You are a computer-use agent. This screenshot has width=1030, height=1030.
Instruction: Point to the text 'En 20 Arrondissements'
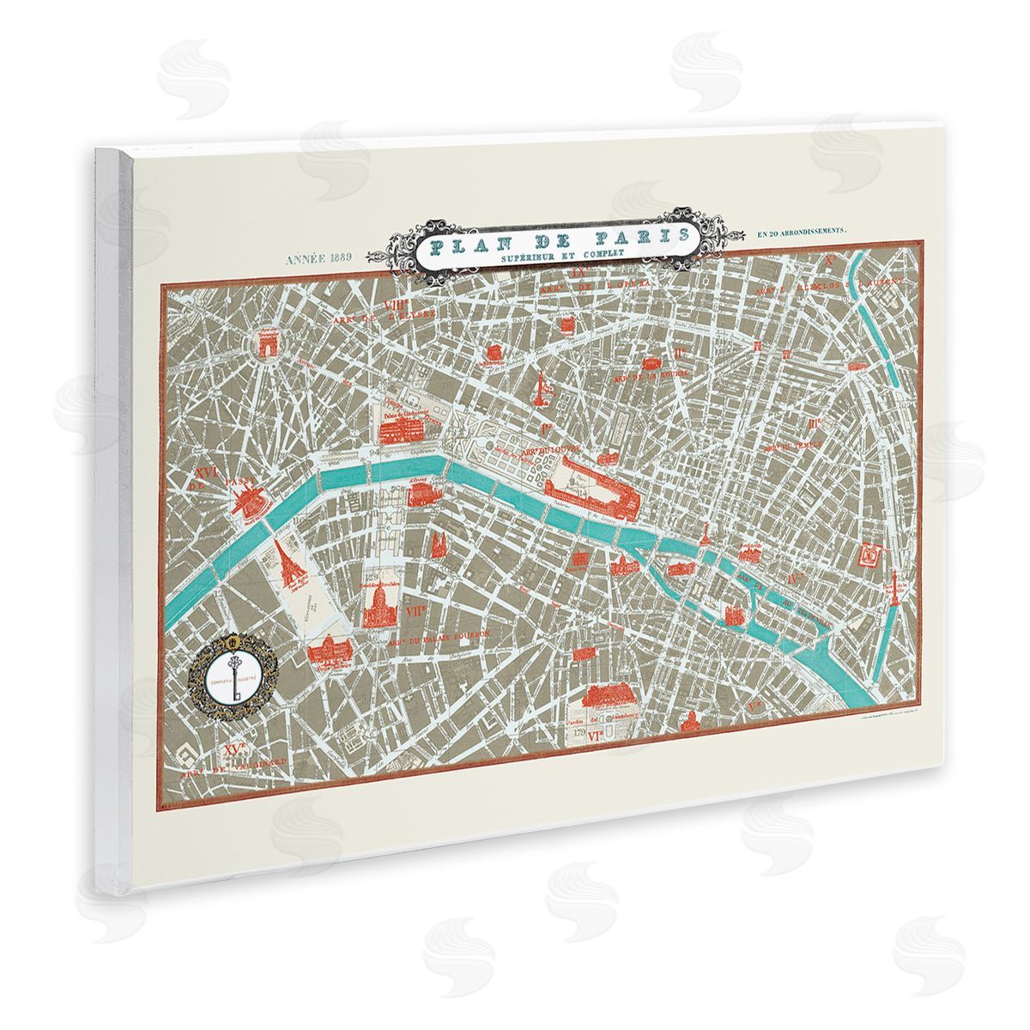803,231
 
